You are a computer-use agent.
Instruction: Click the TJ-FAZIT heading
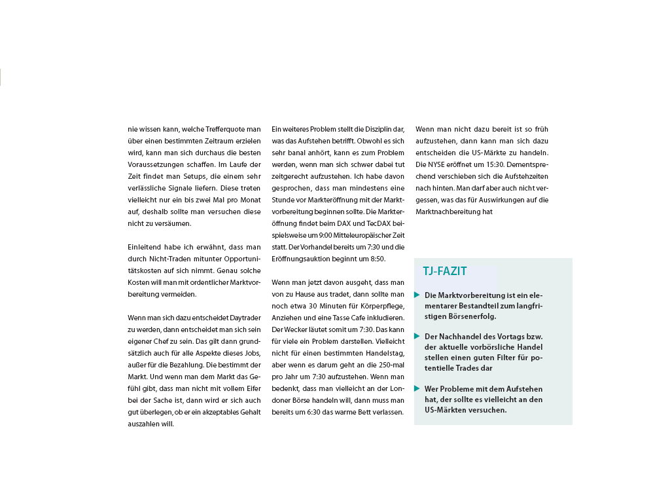(x=445, y=271)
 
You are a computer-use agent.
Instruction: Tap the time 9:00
(x=332, y=235)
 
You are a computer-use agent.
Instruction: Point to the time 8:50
(x=376, y=259)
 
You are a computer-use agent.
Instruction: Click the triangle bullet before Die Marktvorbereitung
(x=417, y=295)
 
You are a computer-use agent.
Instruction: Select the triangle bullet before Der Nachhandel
(x=417, y=336)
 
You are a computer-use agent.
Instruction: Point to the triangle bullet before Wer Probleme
(x=417, y=388)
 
